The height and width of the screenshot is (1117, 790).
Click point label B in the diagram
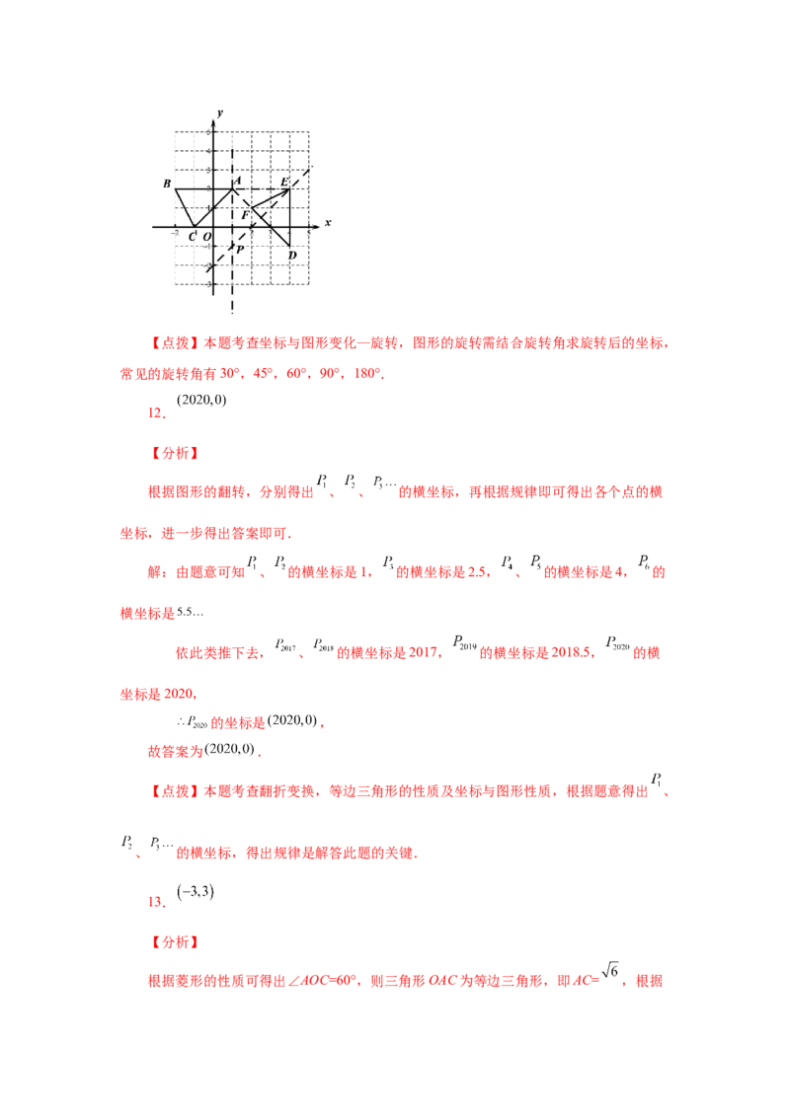167,184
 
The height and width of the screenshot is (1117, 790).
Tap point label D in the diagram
292,255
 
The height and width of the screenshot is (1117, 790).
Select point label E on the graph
283,183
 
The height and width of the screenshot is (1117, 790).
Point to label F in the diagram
245,214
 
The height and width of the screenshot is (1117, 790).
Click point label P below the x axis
240,250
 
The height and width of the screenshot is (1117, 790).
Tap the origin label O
206,237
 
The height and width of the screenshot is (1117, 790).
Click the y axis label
219,113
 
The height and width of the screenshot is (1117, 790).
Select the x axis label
328,223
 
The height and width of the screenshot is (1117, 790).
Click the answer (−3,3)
196,891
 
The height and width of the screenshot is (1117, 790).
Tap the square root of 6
610,970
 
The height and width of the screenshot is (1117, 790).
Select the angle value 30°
230,373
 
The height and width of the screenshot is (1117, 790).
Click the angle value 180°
367,373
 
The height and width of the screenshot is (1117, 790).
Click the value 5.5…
190,612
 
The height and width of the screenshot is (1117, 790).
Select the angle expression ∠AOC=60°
322,981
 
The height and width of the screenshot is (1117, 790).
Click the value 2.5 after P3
477,572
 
